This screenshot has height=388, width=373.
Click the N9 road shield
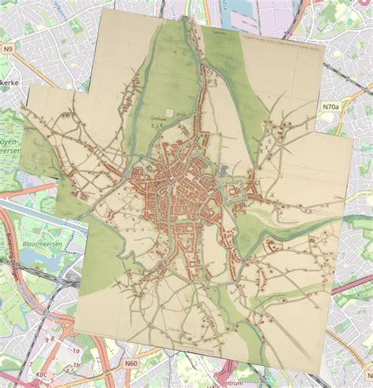pyautogui.click(x=9, y=49)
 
